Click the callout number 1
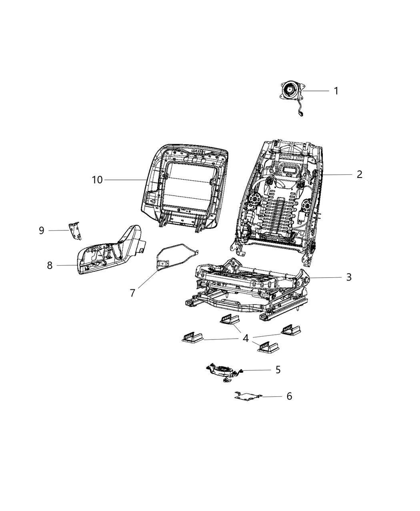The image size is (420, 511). click(336, 91)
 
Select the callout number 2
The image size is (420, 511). click(359, 174)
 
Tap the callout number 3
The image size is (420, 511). click(349, 277)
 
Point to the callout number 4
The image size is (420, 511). click(246, 339)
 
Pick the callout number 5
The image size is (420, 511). click(278, 370)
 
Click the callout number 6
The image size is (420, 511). click(289, 396)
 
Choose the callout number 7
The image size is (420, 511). click(132, 293)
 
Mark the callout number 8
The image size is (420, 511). click(50, 265)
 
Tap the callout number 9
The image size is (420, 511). click(41, 230)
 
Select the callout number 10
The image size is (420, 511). click(97, 180)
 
